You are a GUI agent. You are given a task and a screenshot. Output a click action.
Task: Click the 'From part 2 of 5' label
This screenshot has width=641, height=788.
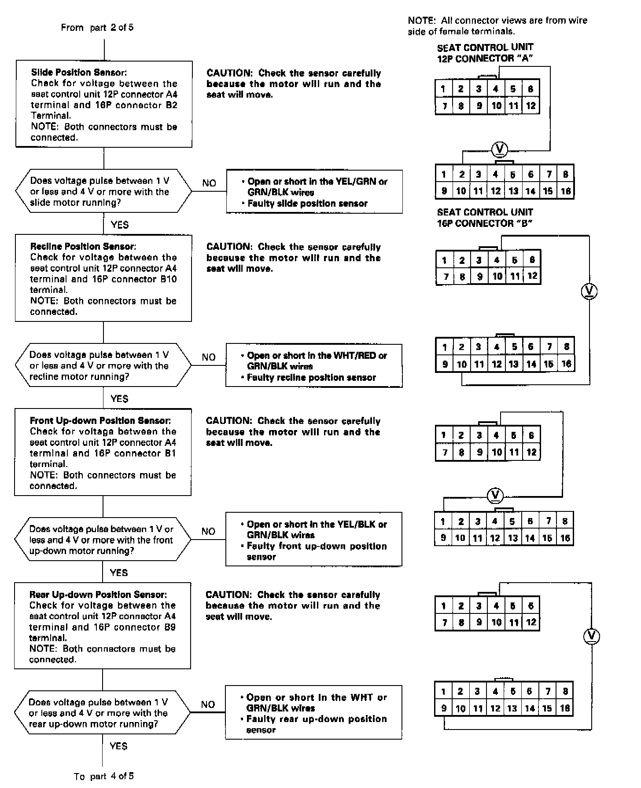(x=97, y=28)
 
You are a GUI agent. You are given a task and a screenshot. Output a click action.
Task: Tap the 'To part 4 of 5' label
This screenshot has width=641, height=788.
(x=104, y=776)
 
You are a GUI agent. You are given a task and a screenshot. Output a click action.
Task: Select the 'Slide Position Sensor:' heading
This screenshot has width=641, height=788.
(x=79, y=73)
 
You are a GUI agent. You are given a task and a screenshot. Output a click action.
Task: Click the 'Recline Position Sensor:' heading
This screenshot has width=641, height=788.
(x=83, y=247)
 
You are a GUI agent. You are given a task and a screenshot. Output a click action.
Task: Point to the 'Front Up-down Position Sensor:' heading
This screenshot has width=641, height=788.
(x=100, y=421)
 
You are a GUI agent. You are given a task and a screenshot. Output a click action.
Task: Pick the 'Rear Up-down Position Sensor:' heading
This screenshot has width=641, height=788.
(x=98, y=595)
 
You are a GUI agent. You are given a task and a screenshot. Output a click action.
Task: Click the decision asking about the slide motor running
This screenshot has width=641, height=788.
(x=103, y=192)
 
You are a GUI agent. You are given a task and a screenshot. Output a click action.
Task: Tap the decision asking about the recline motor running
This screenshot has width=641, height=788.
(x=103, y=366)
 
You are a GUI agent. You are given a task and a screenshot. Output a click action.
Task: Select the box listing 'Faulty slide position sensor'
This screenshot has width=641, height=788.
(x=314, y=192)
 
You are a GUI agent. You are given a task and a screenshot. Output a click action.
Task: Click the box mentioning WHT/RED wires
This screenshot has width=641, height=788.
(x=314, y=366)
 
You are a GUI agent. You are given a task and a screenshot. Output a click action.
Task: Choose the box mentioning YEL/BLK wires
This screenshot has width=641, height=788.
(x=314, y=540)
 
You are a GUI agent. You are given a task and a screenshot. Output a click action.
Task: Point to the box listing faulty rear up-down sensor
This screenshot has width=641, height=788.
(x=313, y=712)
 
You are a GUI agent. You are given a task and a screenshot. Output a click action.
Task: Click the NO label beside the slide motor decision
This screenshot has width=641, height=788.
(x=209, y=183)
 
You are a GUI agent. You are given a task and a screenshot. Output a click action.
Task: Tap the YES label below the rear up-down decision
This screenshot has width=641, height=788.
(x=118, y=746)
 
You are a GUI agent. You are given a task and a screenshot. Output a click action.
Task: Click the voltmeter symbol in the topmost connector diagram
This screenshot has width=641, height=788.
(x=499, y=150)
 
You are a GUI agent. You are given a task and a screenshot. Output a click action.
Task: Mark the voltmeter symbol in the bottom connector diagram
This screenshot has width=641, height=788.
(x=592, y=636)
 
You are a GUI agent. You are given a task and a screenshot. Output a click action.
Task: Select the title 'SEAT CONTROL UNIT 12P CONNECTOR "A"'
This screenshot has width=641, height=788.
(x=485, y=53)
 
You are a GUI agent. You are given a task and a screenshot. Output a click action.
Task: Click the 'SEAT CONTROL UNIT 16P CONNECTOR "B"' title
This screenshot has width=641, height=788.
(x=485, y=218)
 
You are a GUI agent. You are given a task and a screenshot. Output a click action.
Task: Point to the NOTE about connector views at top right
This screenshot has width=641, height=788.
(x=497, y=26)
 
